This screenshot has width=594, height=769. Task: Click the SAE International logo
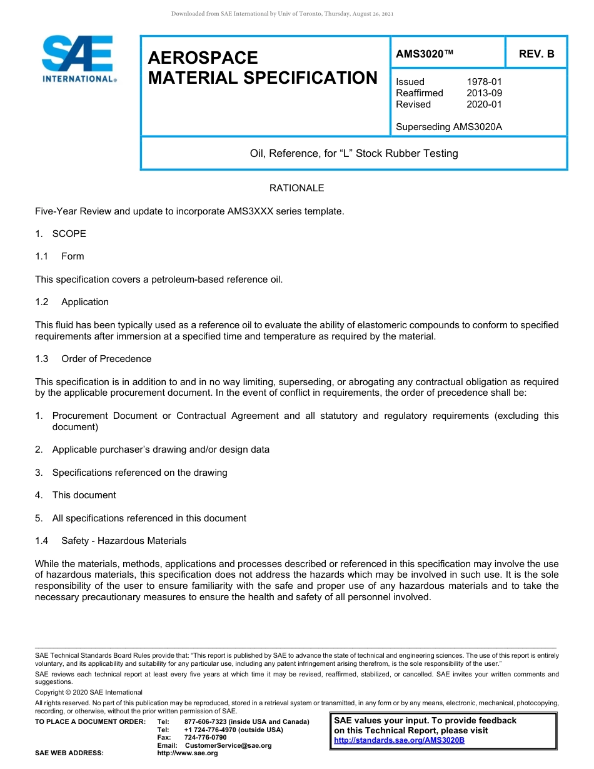coord(78,59)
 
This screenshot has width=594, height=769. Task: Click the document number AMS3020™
coord(425,54)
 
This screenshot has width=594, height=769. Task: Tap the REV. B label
coord(536,54)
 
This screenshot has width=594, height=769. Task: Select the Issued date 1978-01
coord(484,82)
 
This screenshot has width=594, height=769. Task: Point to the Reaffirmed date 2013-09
coord(484,93)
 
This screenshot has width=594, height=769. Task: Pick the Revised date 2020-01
coord(484,104)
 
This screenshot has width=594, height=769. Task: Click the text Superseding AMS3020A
coord(449,127)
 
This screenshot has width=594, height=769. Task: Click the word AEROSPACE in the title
coord(203,58)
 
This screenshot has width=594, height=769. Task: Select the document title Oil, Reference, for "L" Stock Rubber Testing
coord(354,153)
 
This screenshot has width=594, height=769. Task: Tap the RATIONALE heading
coord(296,188)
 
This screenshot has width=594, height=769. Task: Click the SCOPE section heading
coord(69,234)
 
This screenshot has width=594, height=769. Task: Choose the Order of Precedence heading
coord(106,359)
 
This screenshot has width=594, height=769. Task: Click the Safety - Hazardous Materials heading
coord(123,541)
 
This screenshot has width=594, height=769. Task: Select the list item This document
coord(84,495)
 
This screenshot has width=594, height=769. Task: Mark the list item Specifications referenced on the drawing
coord(139,473)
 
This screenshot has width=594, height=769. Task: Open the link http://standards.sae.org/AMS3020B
coord(399,740)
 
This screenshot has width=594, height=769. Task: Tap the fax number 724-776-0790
coord(205,738)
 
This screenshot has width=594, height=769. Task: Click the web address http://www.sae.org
coord(188,753)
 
